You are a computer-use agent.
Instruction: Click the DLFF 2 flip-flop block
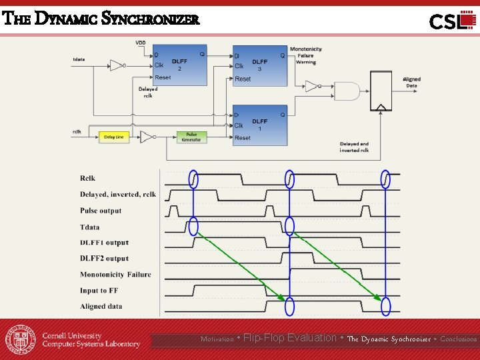coord(179,65)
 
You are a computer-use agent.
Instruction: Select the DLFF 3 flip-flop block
coord(259,65)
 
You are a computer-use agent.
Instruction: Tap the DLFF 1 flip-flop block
coord(259,125)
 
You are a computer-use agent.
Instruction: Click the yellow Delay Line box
coord(114,137)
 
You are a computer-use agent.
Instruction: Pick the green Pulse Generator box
coord(191,137)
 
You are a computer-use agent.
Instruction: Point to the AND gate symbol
coord(346,91)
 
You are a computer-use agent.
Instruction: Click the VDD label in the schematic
coord(141,43)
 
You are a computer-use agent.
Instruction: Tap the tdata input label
coord(79,60)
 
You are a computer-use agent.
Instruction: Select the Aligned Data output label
coord(411,82)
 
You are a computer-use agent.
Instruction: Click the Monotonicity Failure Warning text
coord(305,55)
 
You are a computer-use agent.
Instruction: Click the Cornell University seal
coord(21,339)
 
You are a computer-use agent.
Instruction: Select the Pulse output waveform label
coord(101,211)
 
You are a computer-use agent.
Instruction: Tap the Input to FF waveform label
coord(99,291)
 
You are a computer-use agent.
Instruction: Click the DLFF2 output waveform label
coord(104,259)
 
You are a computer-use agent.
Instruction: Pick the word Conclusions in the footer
coord(459,339)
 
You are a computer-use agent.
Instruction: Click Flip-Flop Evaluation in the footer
coord(290,338)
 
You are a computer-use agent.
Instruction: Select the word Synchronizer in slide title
coord(151,19)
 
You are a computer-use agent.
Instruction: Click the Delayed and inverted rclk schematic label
coord(354,147)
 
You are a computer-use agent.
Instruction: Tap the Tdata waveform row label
coord(90,227)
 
